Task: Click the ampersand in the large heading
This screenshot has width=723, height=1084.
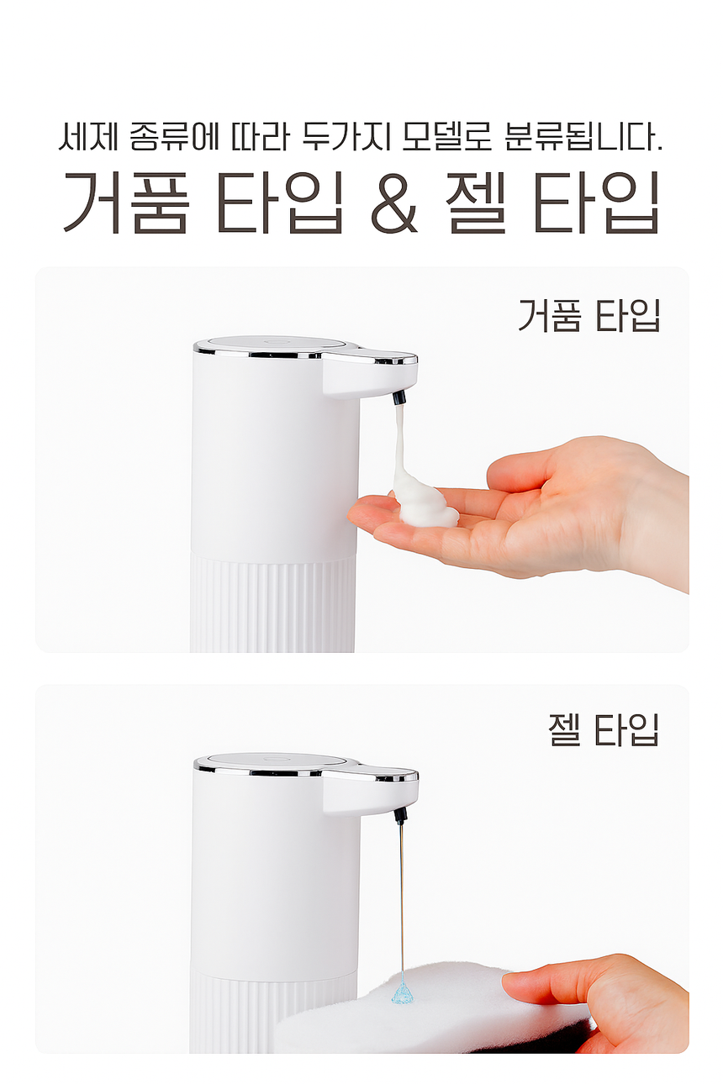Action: coord(393,203)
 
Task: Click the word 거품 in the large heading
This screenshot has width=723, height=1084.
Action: coord(126,203)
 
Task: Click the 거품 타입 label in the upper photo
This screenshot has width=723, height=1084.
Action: coord(588,315)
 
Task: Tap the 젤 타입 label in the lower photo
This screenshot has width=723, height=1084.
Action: coord(604,730)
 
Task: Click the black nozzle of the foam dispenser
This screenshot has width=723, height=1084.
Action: coord(398,398)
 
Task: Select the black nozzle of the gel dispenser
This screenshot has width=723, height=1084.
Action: coord(399,816)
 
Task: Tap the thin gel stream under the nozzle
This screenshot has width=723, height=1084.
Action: coord(402,900)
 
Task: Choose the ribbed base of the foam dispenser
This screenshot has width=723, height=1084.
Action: coord(272,604)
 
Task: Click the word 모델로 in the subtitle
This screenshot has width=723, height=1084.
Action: coord(447,137)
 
